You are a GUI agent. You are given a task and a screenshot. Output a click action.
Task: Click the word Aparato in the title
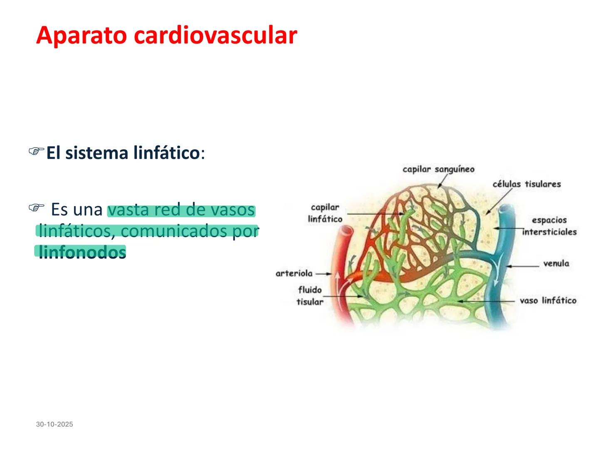(x=82, y=35)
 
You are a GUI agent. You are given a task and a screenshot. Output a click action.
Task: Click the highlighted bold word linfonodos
(x=82, y=252)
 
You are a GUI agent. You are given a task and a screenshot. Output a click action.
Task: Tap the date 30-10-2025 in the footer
(x=54, y=424)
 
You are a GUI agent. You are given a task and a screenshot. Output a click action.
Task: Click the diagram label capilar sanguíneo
(x=438, y=169)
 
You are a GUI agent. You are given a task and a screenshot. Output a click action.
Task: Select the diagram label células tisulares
(x=527, y=184)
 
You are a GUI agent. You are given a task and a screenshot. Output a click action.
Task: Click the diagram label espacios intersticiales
(x=549, y=226)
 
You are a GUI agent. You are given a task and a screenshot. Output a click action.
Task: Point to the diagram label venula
(x=556, y=263)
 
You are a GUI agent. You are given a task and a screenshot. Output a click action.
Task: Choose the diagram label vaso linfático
(x=548, y=300)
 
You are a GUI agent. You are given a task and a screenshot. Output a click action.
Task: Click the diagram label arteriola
(x=294, y=273)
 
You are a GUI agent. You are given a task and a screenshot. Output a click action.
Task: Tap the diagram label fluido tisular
(x=310, y=295)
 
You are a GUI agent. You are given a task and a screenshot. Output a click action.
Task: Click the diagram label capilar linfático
(x=325, y=213)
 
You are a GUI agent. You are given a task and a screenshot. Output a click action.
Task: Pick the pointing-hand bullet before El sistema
(x=36, y=151)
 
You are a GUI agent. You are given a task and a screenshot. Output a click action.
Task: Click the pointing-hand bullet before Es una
(x=36, y=207)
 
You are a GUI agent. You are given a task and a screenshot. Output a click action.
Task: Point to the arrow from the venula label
(x=522, y=265)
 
